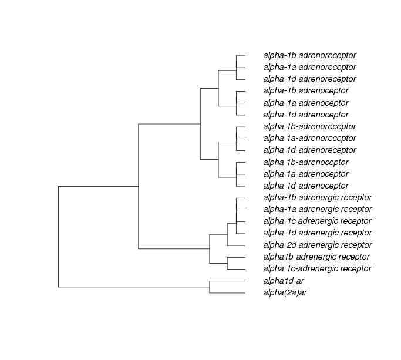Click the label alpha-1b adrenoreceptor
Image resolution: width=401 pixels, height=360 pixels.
pyautogui.click(x=309, y=56)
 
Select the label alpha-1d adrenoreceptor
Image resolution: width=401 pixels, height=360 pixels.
pyautogui.click(x=309, y=79)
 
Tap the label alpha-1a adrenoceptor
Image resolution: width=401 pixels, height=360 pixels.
pyautogui.click(x=306, y=103)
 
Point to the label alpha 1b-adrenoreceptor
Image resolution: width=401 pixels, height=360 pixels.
pyautogui.click(x=309, y=127)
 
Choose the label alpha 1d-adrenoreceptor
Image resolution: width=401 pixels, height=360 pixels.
pyautogui.click(x=309, y=150)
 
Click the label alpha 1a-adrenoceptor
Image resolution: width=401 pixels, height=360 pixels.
pyautogui.click(x=306, y=174)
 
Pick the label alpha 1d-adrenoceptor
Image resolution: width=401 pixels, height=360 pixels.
pyautogui.click(x=306, y=186)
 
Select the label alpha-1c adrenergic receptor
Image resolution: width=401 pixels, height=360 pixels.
pyautogui.click(x=317, y=221)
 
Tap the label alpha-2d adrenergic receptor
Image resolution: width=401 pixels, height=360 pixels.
pyautogui.click(x=318, y=245)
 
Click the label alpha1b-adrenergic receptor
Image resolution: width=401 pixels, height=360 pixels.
pyautogui.click(x=316, y=257)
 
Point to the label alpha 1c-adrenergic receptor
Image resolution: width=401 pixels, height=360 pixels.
pyautogui.click(x=317, y=269)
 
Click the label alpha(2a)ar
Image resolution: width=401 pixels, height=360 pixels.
pyautogui.click(x=285, y=292)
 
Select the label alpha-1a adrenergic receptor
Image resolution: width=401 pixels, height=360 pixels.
pyautogui.click(x=318, y=209)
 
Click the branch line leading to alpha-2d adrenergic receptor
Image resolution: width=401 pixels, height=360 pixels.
pyautogui.click(x=236, y=245)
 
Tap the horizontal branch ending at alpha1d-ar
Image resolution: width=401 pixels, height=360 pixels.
pyautogui.click(x=227, y=281)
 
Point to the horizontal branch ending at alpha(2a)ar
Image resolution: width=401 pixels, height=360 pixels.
pyautogui.click(x=227, y=292)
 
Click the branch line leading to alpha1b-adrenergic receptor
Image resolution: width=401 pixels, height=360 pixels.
pyautogui.click(x=236, y=257)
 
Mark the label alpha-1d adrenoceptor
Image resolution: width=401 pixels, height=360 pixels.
pyautogui.click(x=306, y=115)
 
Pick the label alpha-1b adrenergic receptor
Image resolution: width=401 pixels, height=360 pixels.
pyautogui.click(x=318, y=197)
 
